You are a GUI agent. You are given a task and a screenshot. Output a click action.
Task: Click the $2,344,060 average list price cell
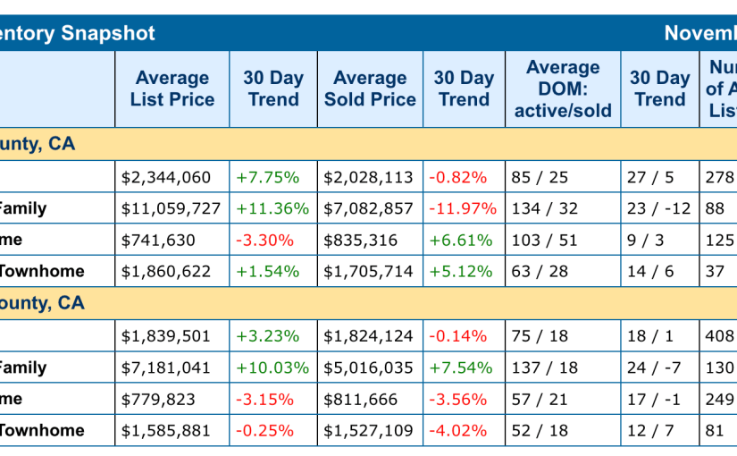165,177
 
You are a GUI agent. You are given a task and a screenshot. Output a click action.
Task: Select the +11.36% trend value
272,208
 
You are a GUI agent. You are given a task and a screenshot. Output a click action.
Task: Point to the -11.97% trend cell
462,208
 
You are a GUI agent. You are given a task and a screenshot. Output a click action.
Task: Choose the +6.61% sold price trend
460,240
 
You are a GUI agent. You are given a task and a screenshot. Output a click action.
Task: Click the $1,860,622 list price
165,271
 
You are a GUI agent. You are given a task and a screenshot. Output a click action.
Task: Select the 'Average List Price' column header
172,89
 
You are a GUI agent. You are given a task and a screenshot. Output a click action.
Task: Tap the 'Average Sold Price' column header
370,89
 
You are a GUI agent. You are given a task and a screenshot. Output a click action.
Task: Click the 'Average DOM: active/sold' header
563,89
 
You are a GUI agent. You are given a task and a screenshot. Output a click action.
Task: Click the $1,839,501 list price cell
165,336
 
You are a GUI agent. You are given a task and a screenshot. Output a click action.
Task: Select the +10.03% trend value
272,367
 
